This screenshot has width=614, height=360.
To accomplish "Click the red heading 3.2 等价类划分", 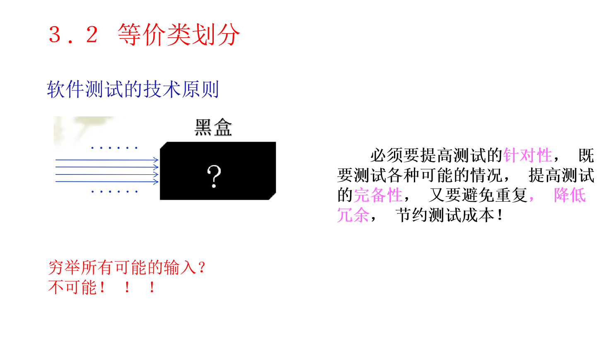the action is pyautogui.click(x=144, y=34).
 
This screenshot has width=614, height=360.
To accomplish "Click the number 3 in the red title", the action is pyautogui.click(x=55, y=34).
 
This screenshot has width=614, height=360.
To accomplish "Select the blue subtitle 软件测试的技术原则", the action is pyautogui.click(x=133, y=89).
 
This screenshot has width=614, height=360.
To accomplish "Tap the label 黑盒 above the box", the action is pyautogui.click(x=213, y=128).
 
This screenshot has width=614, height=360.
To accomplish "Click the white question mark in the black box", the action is pyautogui.click(x=214, y=176).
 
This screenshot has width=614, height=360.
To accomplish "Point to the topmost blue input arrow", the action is pyautogui.click(x=107, y=160).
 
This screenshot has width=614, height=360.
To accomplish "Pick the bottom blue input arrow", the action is pyautogui.click(x=107, y=182).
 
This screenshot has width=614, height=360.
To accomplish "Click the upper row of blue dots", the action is pyautogui.click(x=114, y=148).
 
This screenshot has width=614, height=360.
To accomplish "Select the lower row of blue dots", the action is pyautogui.click(x=114, y=192).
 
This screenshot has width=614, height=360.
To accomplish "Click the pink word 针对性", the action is pyautogui.click(x=527, y=156).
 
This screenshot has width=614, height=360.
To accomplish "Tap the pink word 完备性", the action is pyautogui.click(x=378, y=195).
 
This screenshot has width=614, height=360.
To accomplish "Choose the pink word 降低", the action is pyautogui.click(x=570, y=195).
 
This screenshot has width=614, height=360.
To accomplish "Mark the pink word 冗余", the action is pyautogui.click(x=353, y=215).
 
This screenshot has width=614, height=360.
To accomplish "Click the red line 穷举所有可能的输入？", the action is pyautogui.click(x=126, y=268).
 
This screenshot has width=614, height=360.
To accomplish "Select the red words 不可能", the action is pyautogui.click(x=73, y=288).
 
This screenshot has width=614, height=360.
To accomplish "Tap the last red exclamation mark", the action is pyautogui.click(x=152, y=288).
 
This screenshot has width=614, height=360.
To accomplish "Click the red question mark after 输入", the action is pyautogui.click(x=202, y=268).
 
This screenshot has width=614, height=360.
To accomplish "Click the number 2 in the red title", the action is pyautogui.click(x=92, y=34).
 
